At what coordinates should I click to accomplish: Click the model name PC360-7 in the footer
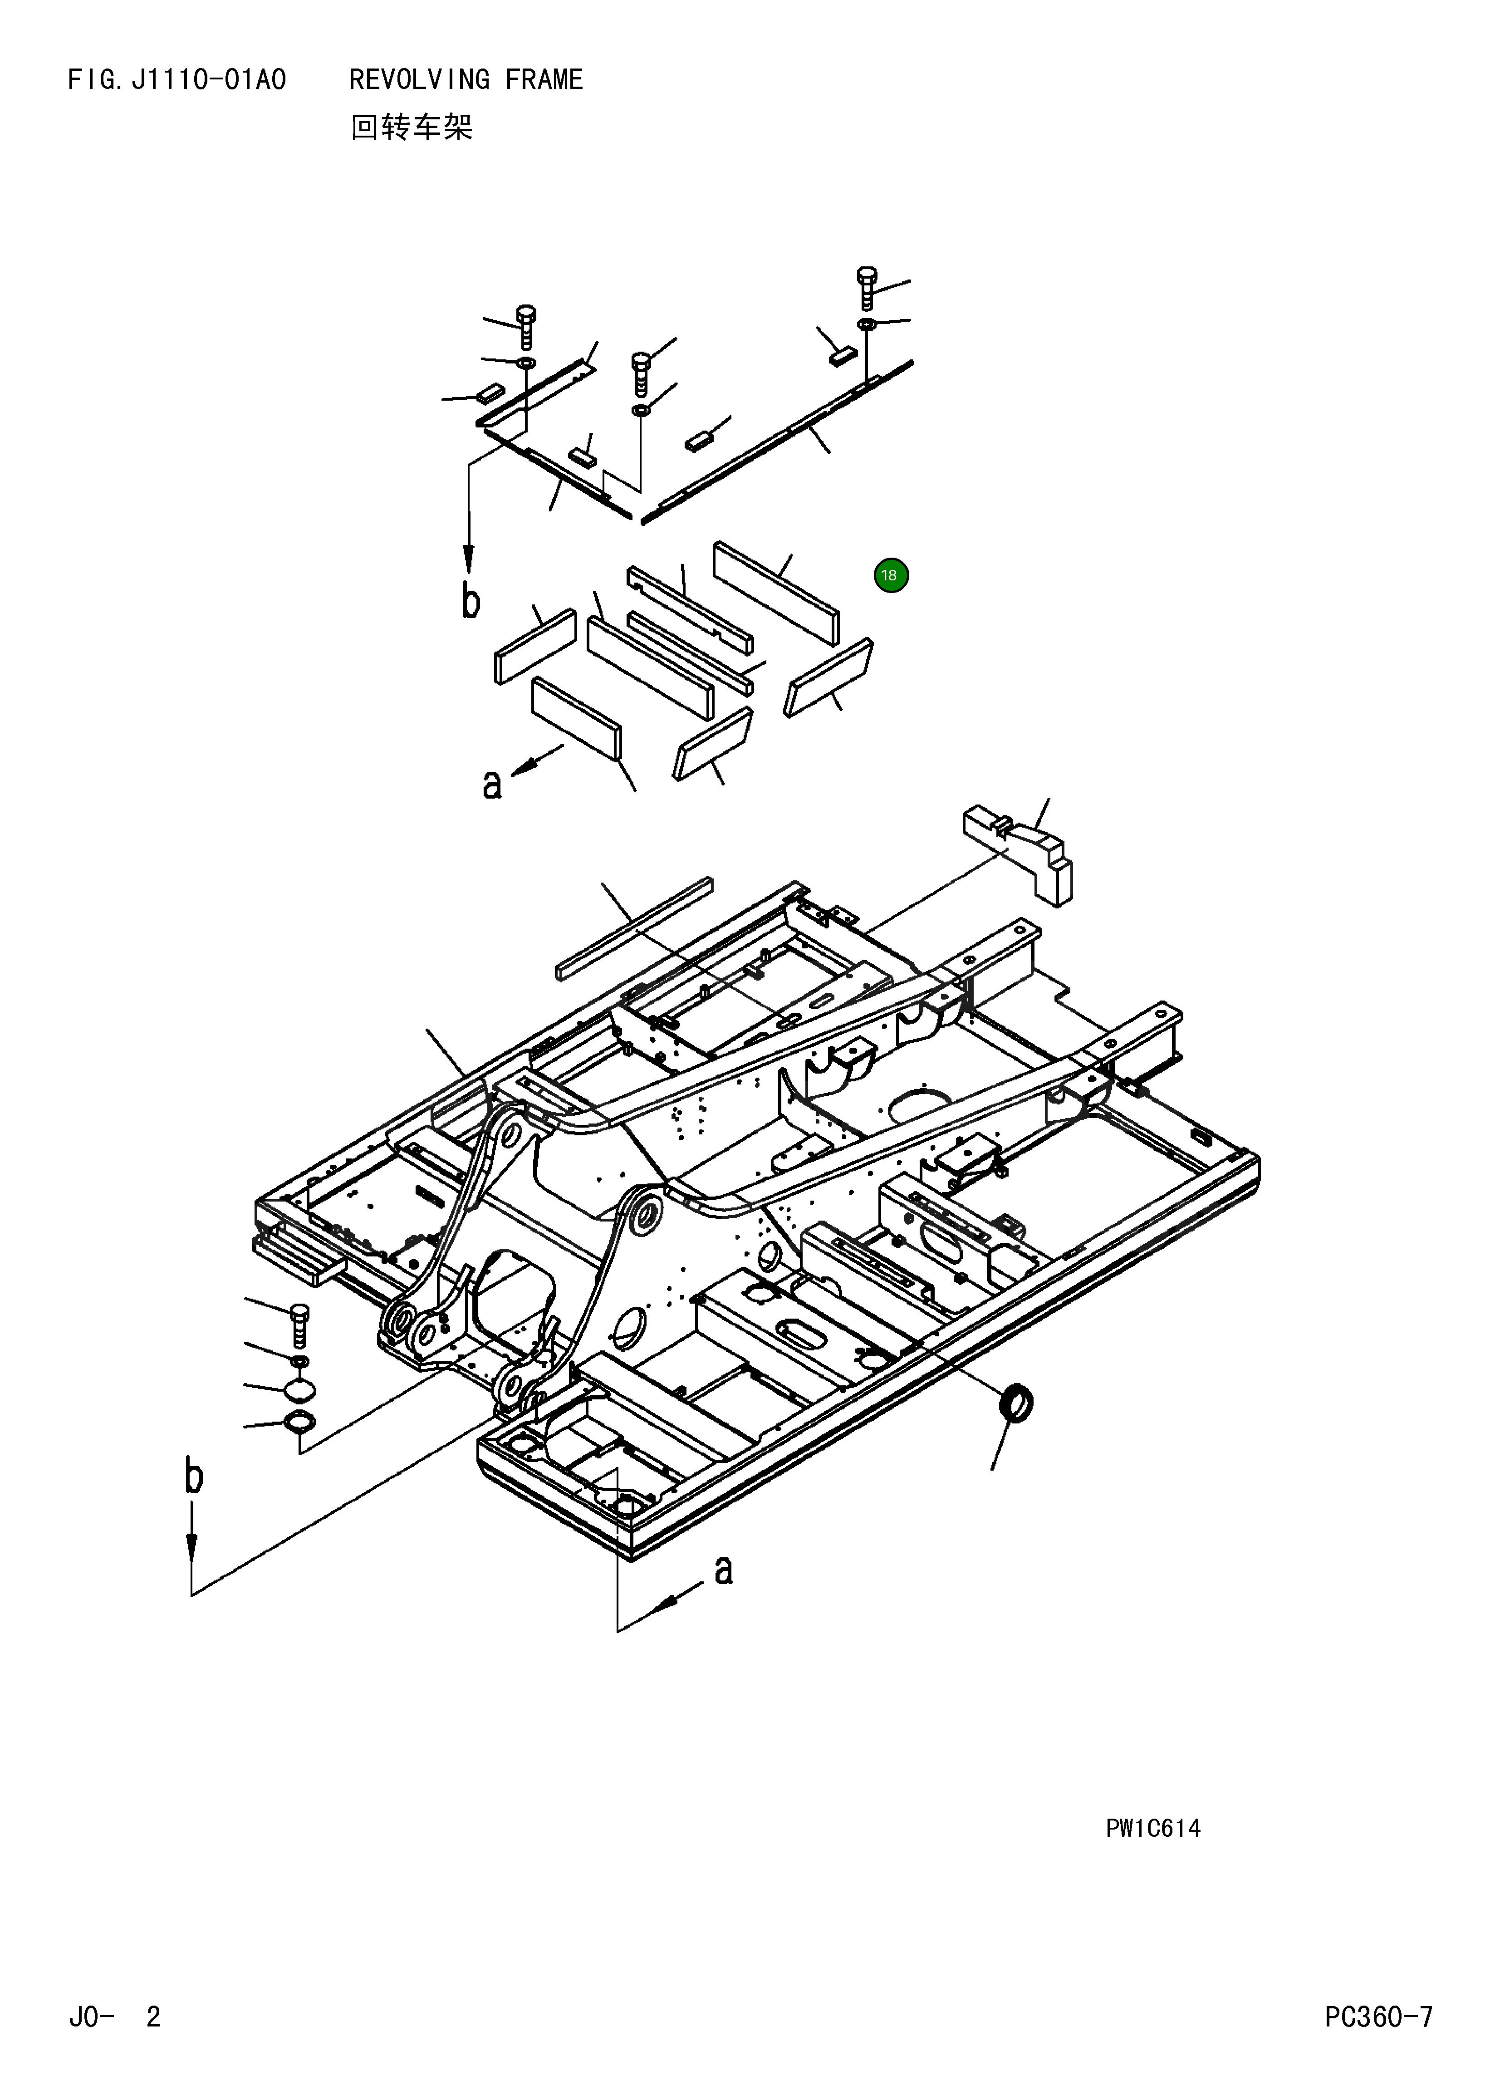pos(1378,2042)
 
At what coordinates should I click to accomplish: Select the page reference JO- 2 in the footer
pos(114,2042)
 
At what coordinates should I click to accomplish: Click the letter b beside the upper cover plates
pos(471,602)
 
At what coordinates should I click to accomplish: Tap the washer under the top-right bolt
pos(867,324)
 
